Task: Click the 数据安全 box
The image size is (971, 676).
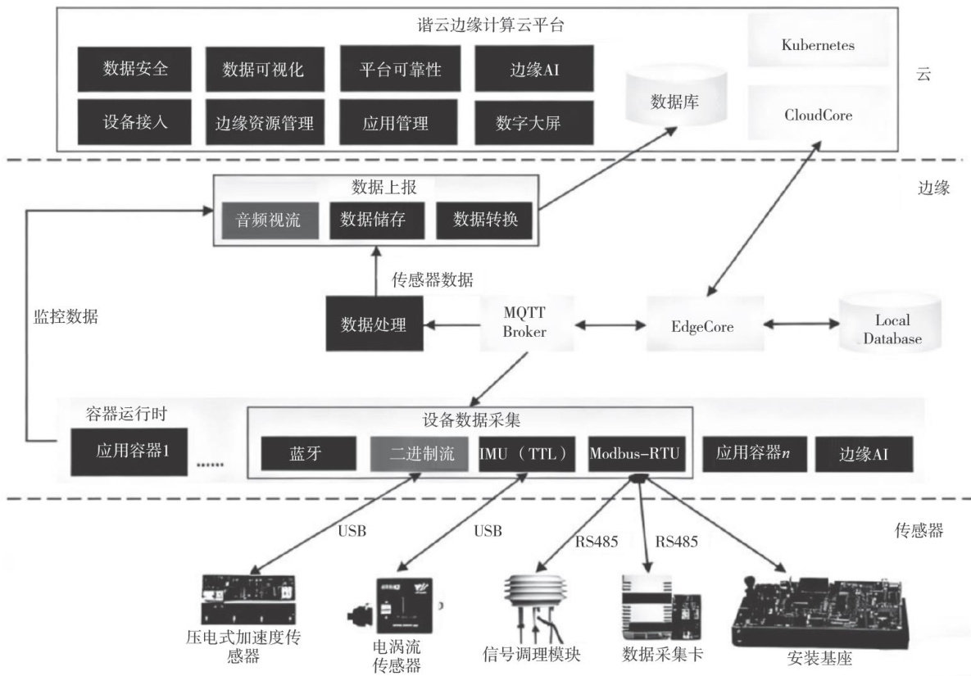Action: [x=136, y=69]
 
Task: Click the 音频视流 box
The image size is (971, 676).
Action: [x=269, y=219]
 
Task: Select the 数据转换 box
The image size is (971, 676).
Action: [x=483, y=219]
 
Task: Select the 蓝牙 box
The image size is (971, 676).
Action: [x=309, y=454]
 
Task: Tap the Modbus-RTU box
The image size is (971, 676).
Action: [x=637, y=454]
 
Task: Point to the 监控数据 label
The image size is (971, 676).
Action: [x=66, y=317]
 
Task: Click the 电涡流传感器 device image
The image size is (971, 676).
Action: [x=397, y=608]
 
